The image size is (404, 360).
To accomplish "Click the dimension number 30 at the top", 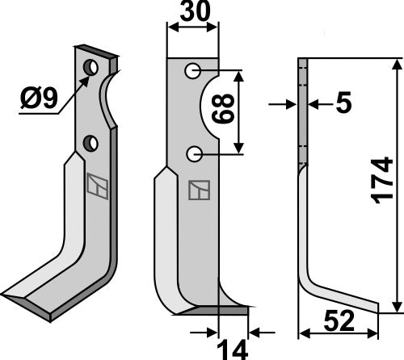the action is (x=195, y=11).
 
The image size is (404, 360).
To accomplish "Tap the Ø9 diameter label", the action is (x=40, y=98).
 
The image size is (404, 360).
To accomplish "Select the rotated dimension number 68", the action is (x=223, y=109).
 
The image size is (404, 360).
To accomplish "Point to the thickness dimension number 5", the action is (x=343, y=102).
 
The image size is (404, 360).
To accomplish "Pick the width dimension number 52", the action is (x=339, y=321).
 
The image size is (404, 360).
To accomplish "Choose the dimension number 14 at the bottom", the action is (x=232, y=350).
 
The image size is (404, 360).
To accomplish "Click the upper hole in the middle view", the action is (x=192, y=71).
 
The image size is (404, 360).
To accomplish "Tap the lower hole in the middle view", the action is (x=194, y=154).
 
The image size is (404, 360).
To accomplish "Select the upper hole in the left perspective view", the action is (x=90, y=67).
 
